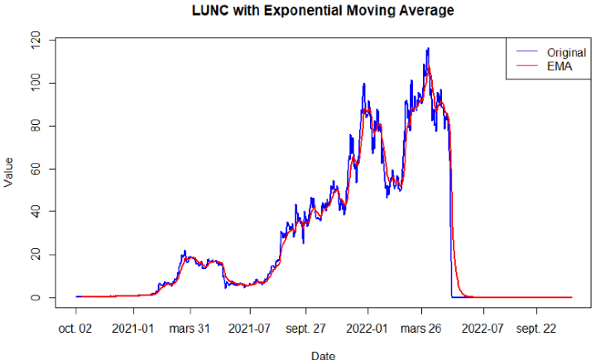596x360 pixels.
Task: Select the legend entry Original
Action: click(566, 52)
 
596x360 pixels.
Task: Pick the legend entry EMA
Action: click(560, 65)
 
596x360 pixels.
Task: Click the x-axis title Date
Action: click(323, 355)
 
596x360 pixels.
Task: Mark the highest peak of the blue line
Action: click(428, 48)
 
